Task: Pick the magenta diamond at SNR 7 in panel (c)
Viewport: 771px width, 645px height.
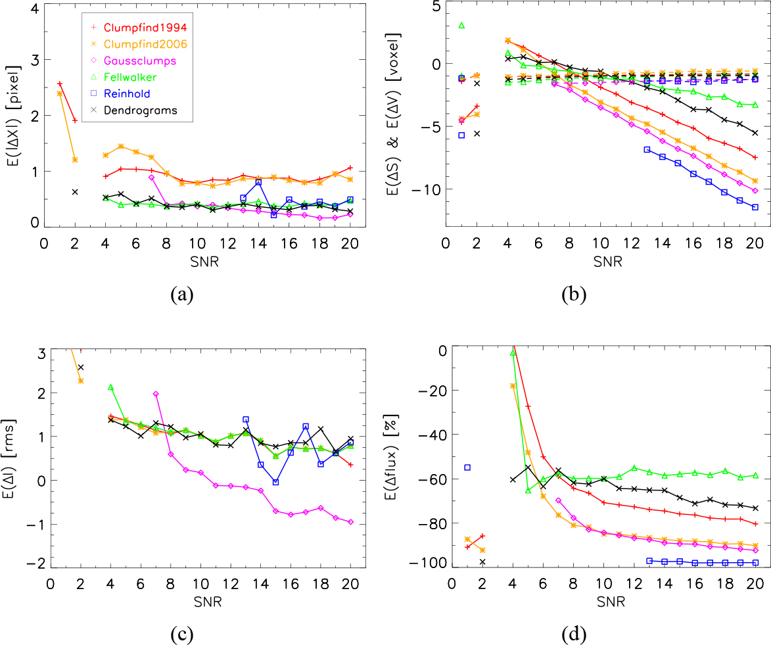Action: tap(156, 394)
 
